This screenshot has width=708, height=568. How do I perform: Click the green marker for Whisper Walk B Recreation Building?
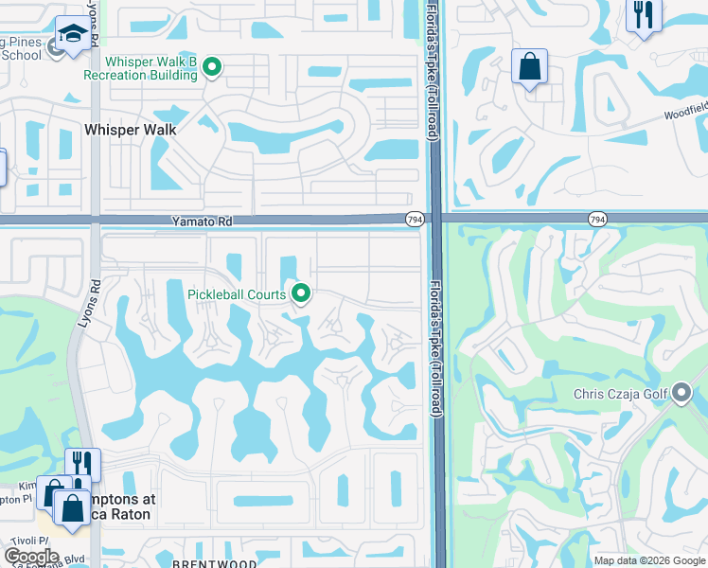[x=213, y=67]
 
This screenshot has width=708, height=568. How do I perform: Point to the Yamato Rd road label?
[x=203, y=220]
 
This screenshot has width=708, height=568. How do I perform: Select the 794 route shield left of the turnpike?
[x=415, y=220]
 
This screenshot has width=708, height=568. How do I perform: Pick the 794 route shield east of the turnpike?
[x=597, y=220]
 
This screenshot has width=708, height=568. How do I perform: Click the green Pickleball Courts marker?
[x=302, y=294]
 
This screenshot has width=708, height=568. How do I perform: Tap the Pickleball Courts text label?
[x=237, y=294]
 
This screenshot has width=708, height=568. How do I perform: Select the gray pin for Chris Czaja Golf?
[x=681, y=395]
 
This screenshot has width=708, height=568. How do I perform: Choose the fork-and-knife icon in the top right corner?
[x=644, y=15]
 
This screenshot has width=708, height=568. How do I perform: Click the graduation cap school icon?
[x=71, y=35]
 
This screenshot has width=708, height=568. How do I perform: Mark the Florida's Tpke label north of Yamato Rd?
[x=432, y=71]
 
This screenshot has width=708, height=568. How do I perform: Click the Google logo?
[x=31, y=556]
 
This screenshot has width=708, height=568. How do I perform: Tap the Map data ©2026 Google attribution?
[x=648, y=560]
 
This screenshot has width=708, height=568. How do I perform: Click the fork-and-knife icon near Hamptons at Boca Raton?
[x=83, y=464]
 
